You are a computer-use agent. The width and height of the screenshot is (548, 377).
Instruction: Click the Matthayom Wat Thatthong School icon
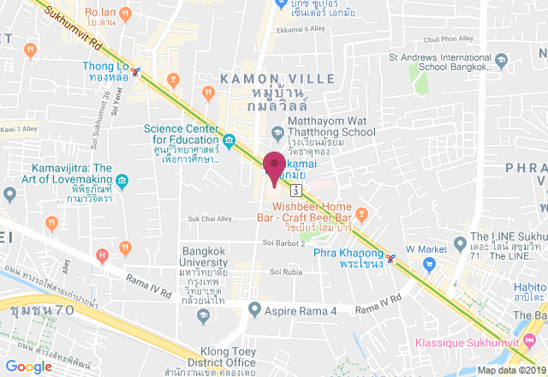click(277, 133)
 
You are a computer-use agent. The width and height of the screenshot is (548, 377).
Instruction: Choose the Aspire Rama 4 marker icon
click(253, 308)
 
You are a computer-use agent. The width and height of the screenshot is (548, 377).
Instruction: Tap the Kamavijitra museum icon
click(122, 181)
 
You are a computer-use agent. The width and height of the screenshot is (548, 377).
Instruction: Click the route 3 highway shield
click(295, 188)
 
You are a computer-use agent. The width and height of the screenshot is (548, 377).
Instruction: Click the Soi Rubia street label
click(287, 272)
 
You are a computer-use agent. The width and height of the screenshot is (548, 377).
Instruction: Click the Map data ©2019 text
click(511, 370)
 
